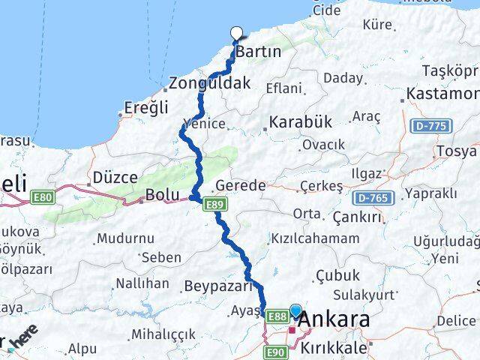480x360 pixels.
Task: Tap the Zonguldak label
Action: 209,83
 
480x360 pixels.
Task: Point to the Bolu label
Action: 163,195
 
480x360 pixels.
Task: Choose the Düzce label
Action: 115,178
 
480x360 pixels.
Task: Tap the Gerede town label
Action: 240,185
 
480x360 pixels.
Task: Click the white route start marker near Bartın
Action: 237,32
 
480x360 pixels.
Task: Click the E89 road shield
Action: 217,203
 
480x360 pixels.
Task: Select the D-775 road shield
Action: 431,125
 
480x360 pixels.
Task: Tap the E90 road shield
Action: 275,352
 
